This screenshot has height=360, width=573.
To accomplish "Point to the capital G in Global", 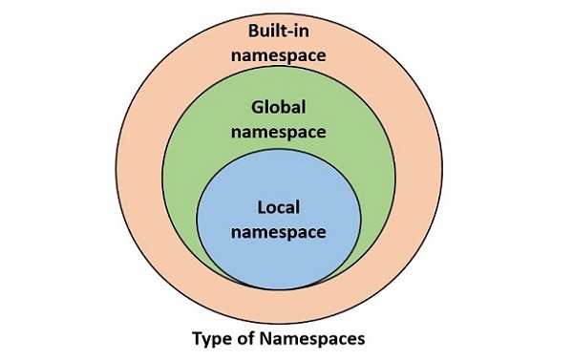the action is [255, 108].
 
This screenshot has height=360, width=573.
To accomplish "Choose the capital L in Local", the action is [261, 207].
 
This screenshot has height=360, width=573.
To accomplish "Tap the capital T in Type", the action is [198, 338].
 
